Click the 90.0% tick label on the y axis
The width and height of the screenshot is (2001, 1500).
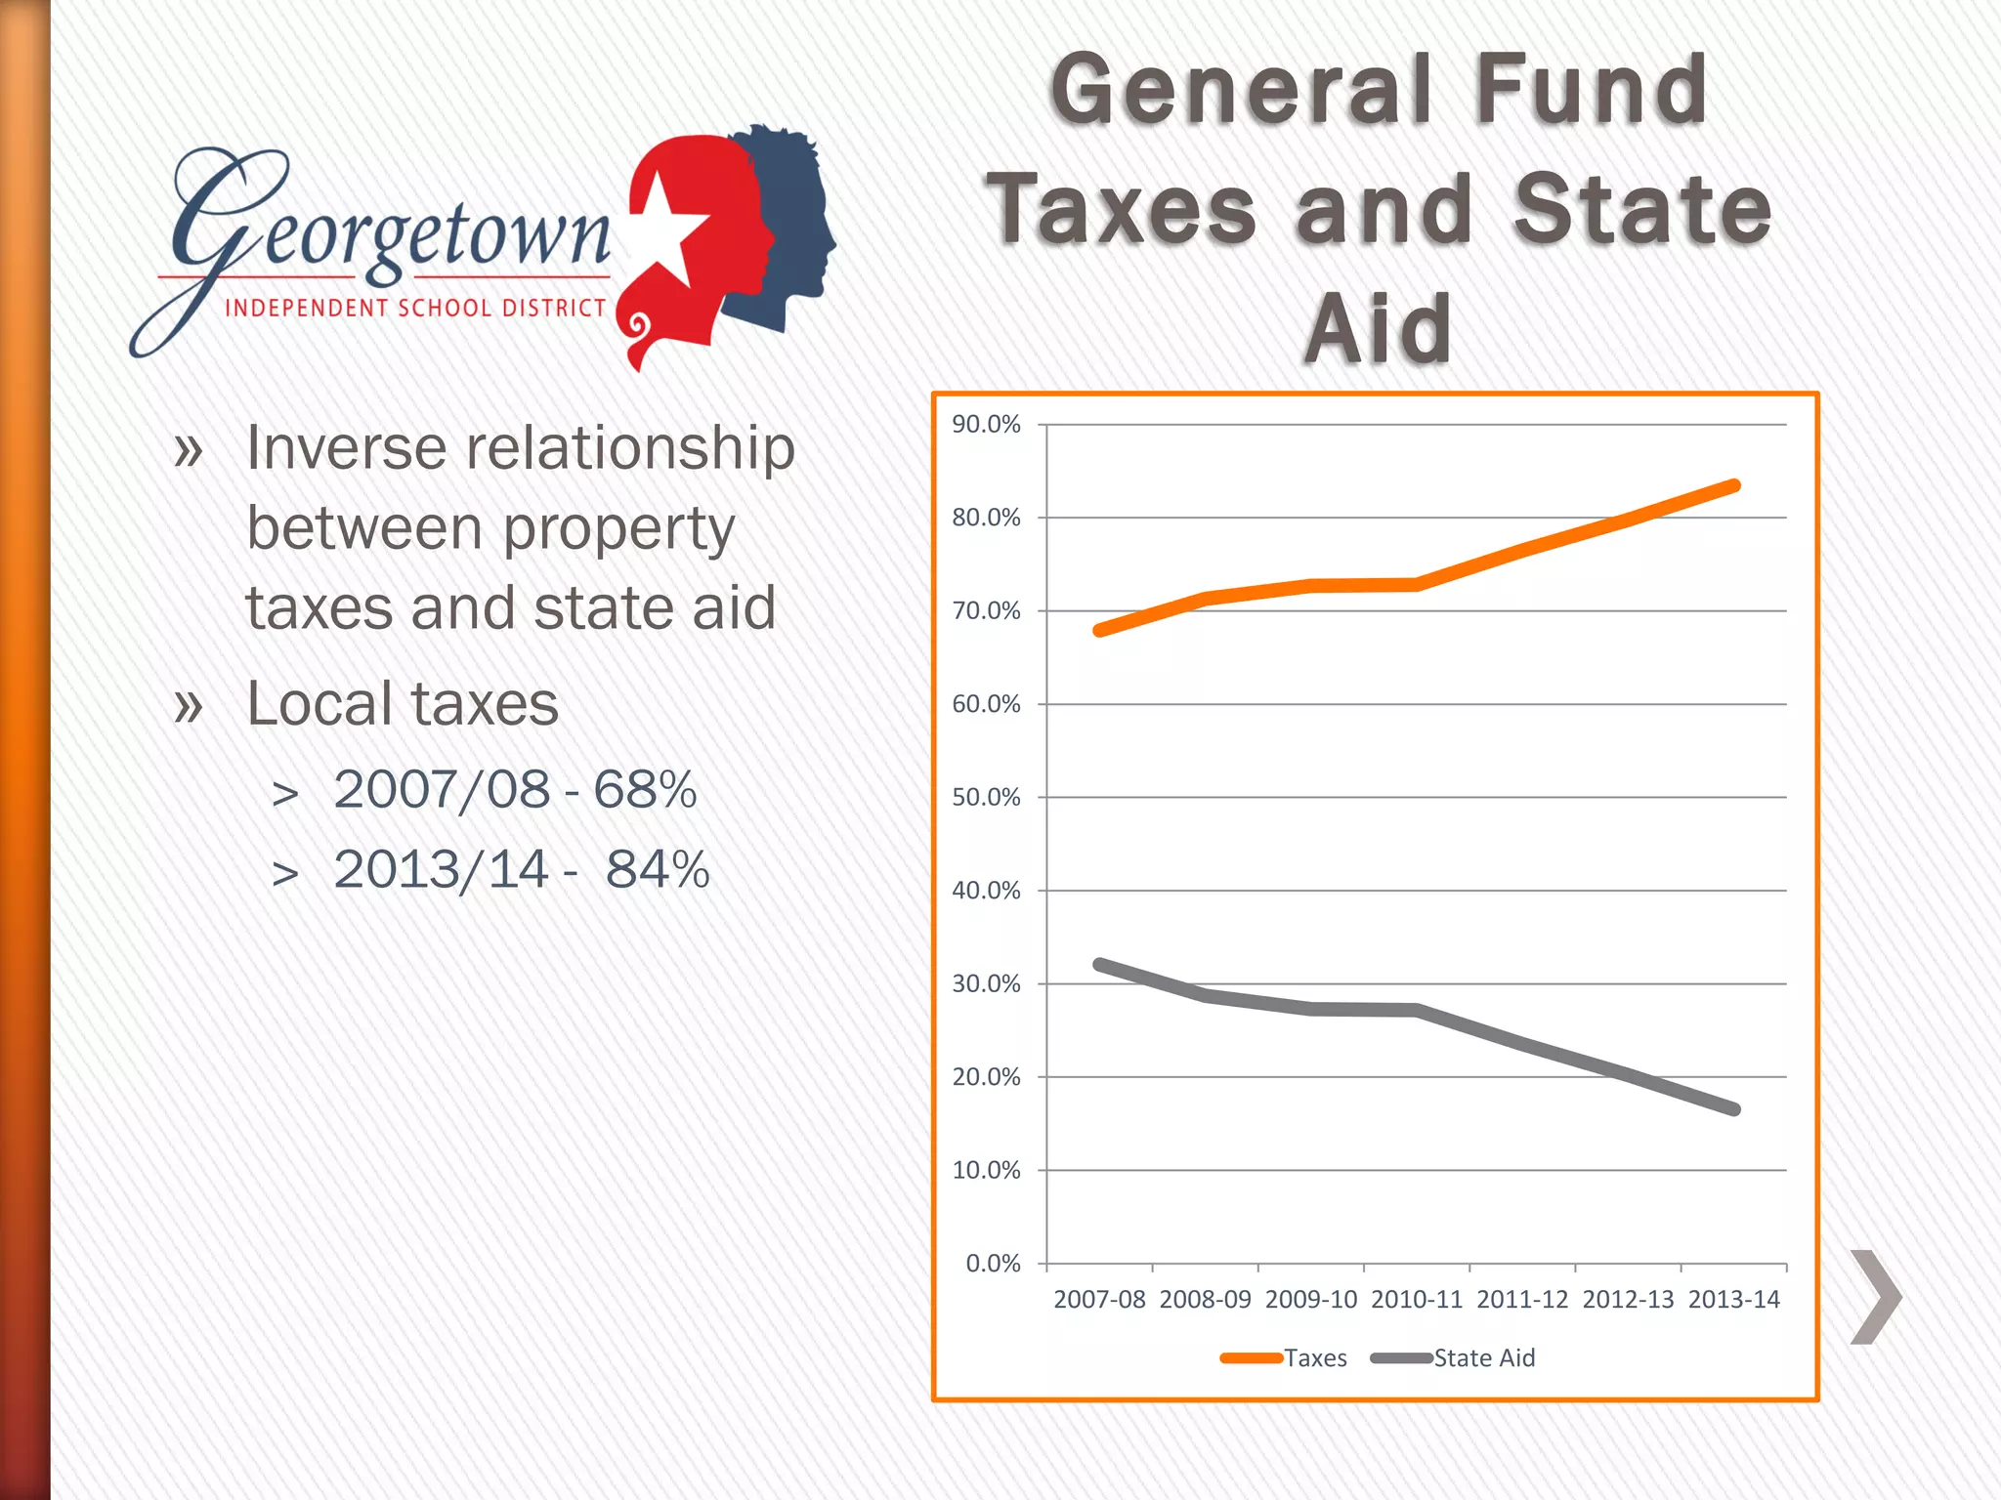pyautogui.click(x=986, y=425)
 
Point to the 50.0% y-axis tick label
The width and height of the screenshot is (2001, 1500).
pyautogui.click(x=986, y=798)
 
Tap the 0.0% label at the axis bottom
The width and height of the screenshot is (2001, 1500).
pyautogui.click(x=993, y=1264)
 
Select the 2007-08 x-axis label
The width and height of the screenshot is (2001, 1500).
pyautogui.click(x=1099, y=1300)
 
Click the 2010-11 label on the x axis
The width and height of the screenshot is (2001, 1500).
pyautogui.click(x=1417, y=1300)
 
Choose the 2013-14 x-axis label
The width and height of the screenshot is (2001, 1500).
pyautogui.click(x=1734, y=1300)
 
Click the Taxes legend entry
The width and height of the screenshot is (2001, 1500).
pyautogui.click(x=1314, y=1358)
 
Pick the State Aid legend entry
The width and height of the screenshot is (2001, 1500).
pyautogui.click(x=1483, y=1358)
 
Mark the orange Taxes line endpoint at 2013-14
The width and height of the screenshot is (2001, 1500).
pyautogui.click(x=1734, y=486)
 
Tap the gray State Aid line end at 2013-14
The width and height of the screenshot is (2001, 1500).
pyautogui.click(x=1734, y=1109)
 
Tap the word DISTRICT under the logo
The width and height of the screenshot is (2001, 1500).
pyautogui.click(x=554, y=309)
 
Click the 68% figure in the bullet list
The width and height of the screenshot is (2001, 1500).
pyautogui.click(x=645, y=790)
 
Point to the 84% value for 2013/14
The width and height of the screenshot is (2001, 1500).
pyautogui.click(x=658, y=870)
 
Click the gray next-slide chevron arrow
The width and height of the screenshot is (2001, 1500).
pyautogui.click(x=1876, y=1297)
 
